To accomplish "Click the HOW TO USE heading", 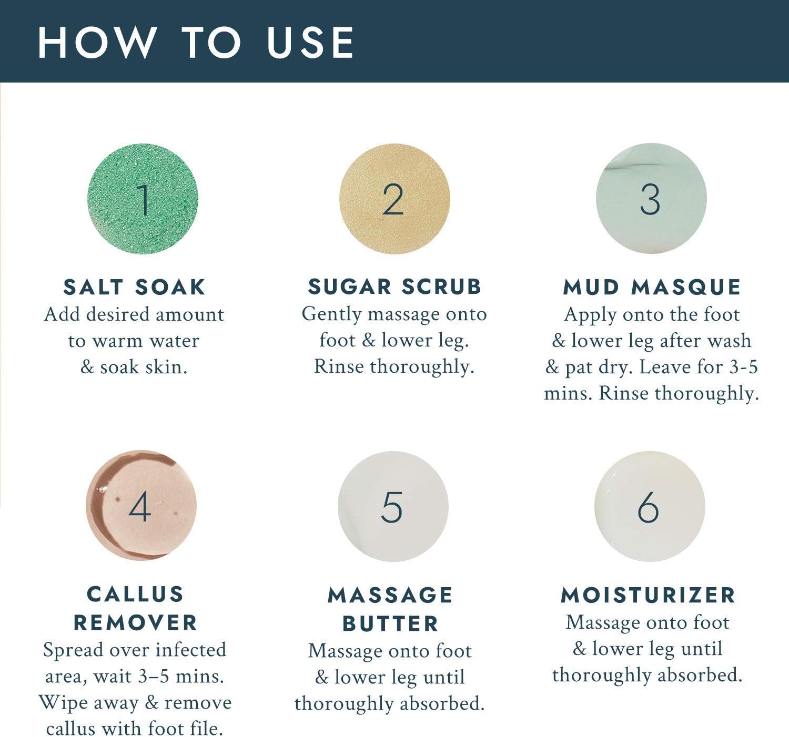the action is [196, 43].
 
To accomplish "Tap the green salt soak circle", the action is [143, 199].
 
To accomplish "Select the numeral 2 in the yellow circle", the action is [393, 199].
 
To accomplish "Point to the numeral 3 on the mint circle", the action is [650, 199].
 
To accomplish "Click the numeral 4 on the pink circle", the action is [140, 506].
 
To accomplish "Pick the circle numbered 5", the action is [393, 506].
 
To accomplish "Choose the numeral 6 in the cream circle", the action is [649, 507].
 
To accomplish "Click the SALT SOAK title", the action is [134, 287].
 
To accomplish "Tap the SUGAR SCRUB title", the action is [394, 286].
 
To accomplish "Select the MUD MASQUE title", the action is [652, 287].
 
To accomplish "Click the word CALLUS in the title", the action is [135, 595].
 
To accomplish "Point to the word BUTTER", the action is [390, 623].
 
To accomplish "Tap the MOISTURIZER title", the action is [648, 595].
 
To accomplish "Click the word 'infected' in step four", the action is [191, 650].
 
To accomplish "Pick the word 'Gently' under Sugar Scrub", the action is [332, 315].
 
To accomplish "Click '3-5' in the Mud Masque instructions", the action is [744, 366].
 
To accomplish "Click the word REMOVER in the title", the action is [135, 622].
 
